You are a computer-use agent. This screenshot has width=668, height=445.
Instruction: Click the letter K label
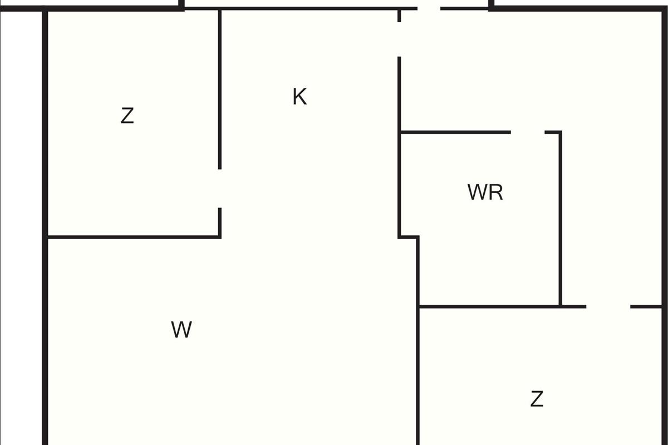[x=299, y=97]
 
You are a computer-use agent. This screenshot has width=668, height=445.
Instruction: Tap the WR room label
[x=485, y=192]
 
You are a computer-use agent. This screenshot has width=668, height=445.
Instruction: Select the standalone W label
[x=181, y=330]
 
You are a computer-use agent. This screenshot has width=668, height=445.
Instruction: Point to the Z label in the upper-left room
[x=127, y=116]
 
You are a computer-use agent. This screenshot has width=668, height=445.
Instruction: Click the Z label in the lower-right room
[x=537, y=399]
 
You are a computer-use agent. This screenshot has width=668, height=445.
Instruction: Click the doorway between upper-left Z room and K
[x=220, y=189]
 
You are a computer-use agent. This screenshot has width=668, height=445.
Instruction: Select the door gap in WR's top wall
[x=528, y=132]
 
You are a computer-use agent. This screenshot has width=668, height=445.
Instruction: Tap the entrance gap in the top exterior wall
[x=429, y=8]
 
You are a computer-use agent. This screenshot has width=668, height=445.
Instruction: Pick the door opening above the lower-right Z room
[x=608, y=306]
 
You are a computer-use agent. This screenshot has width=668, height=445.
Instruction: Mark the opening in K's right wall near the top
[x=399, y=39]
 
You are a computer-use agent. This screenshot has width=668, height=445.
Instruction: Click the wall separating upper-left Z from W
[x=134, y=238]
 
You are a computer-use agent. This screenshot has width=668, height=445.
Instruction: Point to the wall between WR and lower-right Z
[x=490, y=306]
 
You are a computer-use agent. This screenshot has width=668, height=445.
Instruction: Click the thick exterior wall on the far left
[x=45, y=222]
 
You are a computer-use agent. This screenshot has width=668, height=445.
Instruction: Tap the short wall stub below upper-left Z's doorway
[x=220, y=222]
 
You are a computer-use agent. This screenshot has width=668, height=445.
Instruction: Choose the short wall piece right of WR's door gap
[x=553, y=132]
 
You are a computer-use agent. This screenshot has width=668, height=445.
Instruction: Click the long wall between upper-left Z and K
[x=220, y=89]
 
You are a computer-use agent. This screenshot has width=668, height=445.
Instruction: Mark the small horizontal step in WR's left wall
[x=409, y=238]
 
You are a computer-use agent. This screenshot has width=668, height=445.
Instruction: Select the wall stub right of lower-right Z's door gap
[x=646, y=306]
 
